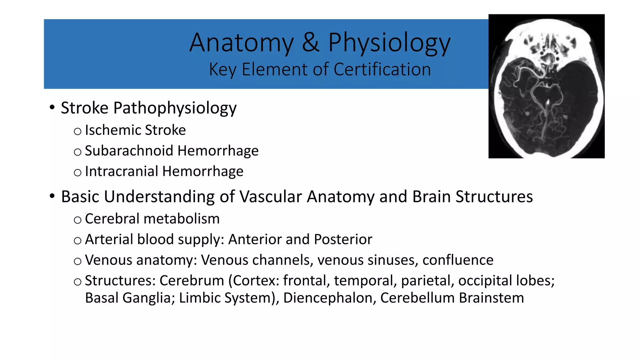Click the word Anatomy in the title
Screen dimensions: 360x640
[242, 43]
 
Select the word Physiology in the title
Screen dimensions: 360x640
[389, 44]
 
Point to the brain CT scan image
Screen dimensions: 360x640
[546, 86]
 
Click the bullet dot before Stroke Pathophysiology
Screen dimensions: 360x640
[52, 107]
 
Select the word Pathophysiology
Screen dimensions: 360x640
[175, 108]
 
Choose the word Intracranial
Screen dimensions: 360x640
[122, 171]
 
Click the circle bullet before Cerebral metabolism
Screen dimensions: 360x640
[77, 220]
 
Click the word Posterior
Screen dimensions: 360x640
[343, 239]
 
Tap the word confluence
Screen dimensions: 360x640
[458, 260]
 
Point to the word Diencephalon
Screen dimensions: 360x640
[329, 298]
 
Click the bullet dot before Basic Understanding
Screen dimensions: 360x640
[52, 196]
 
